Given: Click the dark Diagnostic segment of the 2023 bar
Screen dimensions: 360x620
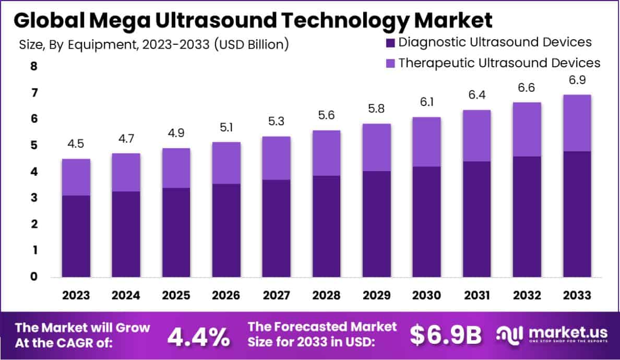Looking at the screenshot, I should point(76,236).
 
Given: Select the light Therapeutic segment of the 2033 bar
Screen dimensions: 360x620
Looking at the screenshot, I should point(577,123).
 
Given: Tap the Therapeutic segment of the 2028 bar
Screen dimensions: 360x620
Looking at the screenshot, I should point(326,153).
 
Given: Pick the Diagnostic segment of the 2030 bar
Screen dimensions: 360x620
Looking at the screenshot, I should point(426,221).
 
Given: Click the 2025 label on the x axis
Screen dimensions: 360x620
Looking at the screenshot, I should point(176,295).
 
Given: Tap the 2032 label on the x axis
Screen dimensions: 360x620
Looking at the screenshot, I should point(527,295).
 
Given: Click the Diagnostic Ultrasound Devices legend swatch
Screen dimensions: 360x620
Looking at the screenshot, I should point(389,42).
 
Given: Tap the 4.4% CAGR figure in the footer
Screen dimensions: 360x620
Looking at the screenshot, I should point(198,337).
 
